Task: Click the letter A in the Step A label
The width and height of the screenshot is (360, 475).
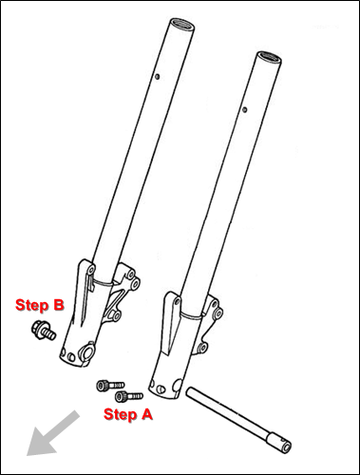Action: point(146,414)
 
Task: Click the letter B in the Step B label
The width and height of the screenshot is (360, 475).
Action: point(59,305)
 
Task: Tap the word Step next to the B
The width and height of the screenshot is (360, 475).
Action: point(32,305)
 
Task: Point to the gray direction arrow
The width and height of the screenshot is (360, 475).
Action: point(52,434)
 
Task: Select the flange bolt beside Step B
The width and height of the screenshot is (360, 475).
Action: point(44,330)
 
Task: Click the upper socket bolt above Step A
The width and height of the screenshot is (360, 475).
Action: point(110,386)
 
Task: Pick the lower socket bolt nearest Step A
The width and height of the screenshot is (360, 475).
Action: point(128,396)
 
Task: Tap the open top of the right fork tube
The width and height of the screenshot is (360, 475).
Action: point(269,58)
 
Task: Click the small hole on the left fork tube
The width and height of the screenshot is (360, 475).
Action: point(158,77)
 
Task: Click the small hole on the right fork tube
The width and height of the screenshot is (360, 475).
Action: point(244,109)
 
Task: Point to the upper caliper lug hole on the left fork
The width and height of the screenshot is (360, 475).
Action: point(136,283)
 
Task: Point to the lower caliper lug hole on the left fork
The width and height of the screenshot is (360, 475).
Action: point(116,315)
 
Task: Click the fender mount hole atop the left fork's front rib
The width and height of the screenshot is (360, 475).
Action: point(91,270)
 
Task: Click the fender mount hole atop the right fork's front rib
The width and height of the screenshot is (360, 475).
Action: point(177,302)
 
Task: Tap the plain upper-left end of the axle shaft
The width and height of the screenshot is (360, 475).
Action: point(189,391)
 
